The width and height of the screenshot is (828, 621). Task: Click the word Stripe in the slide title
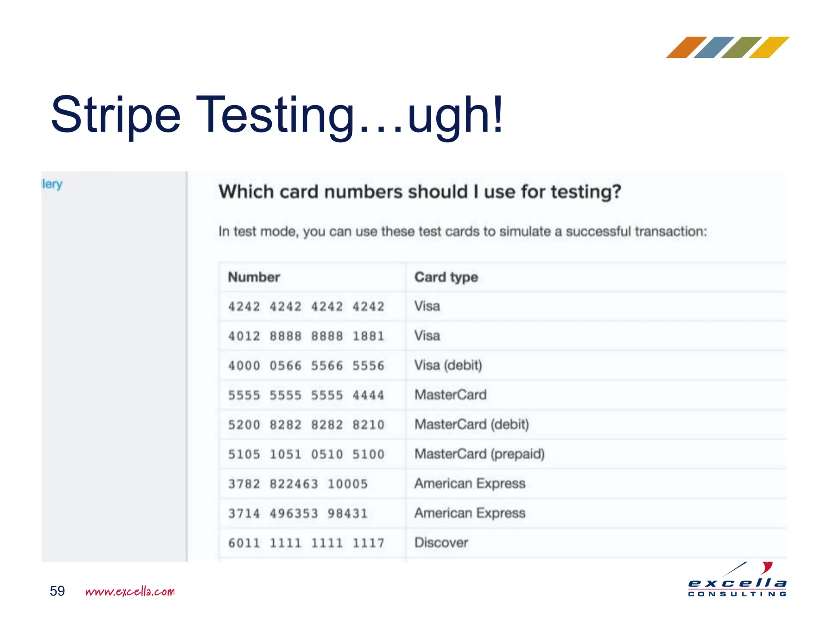pos(116,115)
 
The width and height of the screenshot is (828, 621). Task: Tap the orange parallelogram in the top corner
pos(686,47)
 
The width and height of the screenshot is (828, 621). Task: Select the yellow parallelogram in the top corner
pos(769,47)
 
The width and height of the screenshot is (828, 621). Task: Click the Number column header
pos(254,277)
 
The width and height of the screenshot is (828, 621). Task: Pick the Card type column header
pos(446,277)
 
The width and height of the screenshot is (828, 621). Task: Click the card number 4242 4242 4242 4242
pos(306,307)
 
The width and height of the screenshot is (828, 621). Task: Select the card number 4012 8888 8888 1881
pos(306,336)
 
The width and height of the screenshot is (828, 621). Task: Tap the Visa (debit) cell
pos(448,365)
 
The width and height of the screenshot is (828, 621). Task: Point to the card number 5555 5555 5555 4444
pos(306,395)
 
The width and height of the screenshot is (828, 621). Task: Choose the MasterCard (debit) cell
pos(471,425)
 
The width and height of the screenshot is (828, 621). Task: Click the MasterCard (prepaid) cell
pos(479,454)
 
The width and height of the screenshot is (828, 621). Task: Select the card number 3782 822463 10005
pos(298,484)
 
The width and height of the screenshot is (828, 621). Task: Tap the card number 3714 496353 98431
pos(298,513)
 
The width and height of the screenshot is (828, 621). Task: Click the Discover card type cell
pos(441,543)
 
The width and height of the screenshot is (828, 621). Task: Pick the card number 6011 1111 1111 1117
pos(306,543)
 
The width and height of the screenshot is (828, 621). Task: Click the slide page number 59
pos(57,591)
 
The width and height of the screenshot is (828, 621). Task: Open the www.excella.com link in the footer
pos(130,591)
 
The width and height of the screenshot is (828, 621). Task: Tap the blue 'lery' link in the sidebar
pos(52,184)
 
